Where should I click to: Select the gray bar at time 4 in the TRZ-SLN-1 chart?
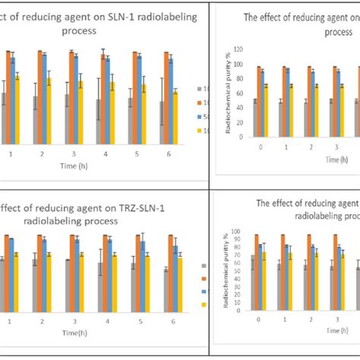click(99, 280)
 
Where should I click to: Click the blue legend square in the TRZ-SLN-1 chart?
click(204, 291)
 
